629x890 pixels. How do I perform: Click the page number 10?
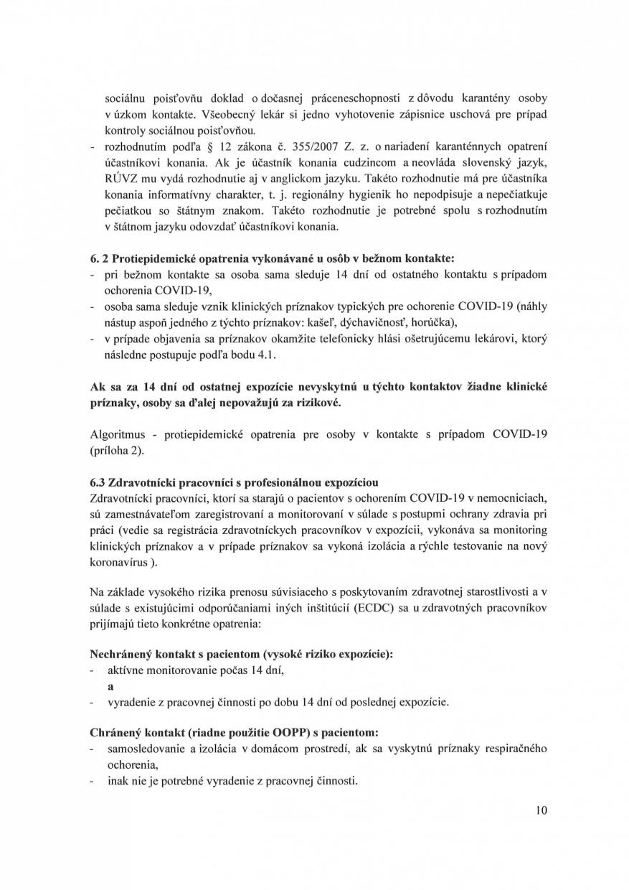pyautogui.click(x=541, y=810)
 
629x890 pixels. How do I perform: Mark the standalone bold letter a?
pyautogui.click(x=110, y=685)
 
